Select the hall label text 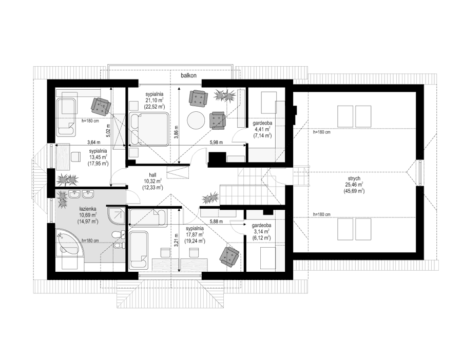pos(152,174)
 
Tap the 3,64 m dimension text pos(93,143)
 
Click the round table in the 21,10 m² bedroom pos(195,121)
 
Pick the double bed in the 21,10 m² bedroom pos(149,129)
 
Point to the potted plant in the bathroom pos(63,199)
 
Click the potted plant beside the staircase pos(209,197)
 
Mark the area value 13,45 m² pos(98,157)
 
